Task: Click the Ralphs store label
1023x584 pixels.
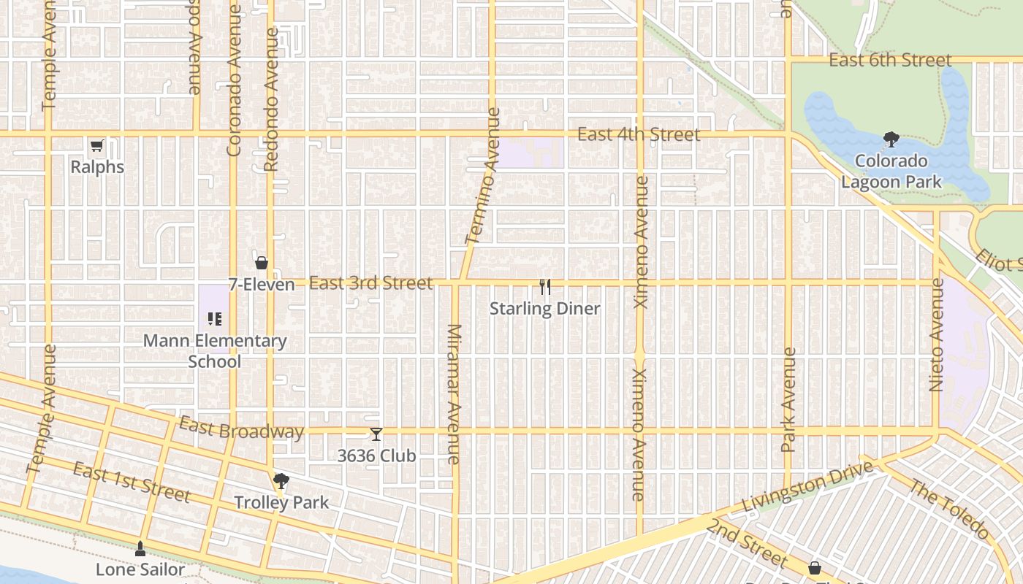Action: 97,167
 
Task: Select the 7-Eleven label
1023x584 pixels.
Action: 262,285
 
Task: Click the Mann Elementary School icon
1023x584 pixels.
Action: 215,318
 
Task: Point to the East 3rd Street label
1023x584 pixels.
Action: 370,283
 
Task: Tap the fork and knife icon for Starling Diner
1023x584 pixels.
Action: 544,287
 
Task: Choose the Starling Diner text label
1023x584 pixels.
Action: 544,309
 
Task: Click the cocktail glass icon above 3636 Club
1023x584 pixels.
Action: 376,434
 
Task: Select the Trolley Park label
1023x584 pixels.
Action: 281,502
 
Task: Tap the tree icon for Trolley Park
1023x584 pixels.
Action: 281,480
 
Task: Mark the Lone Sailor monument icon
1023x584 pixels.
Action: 140,548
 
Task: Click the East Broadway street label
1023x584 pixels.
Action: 241,429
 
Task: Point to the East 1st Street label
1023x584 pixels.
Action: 132,483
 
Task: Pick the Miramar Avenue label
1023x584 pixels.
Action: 454,394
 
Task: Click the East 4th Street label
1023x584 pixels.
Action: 639,134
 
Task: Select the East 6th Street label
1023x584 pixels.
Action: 890,60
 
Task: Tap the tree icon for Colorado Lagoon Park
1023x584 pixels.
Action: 891,139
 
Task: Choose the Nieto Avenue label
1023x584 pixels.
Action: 937,334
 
